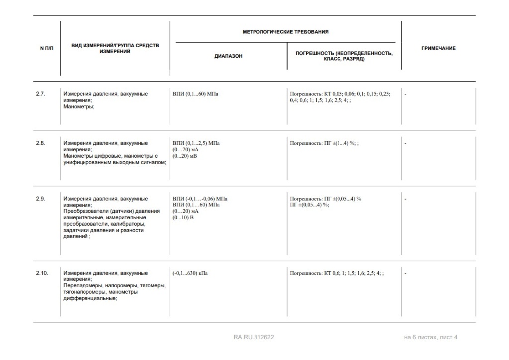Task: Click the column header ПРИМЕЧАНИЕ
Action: [x=438, y=48]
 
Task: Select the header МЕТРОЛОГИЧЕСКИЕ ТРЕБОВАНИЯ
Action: [x=285, y=32]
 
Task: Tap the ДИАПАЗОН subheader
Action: [x=228, y=56]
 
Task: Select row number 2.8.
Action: [x=40, y=143]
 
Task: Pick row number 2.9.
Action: [x=40, y=199]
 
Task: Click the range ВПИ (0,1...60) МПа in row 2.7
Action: [x=195, y=93]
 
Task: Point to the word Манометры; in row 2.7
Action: [x=79, y=106]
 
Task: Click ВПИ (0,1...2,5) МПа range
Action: [x=196, y=143]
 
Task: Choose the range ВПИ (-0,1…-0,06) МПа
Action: [x=200, y=199]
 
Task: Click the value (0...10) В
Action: [x=183, y=218]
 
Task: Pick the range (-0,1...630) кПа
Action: [x=190, y=273]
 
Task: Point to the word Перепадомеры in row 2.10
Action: [x=82, y=286]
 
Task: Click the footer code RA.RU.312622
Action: [x=254, y=337]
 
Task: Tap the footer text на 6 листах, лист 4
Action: [x=430, y=337]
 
